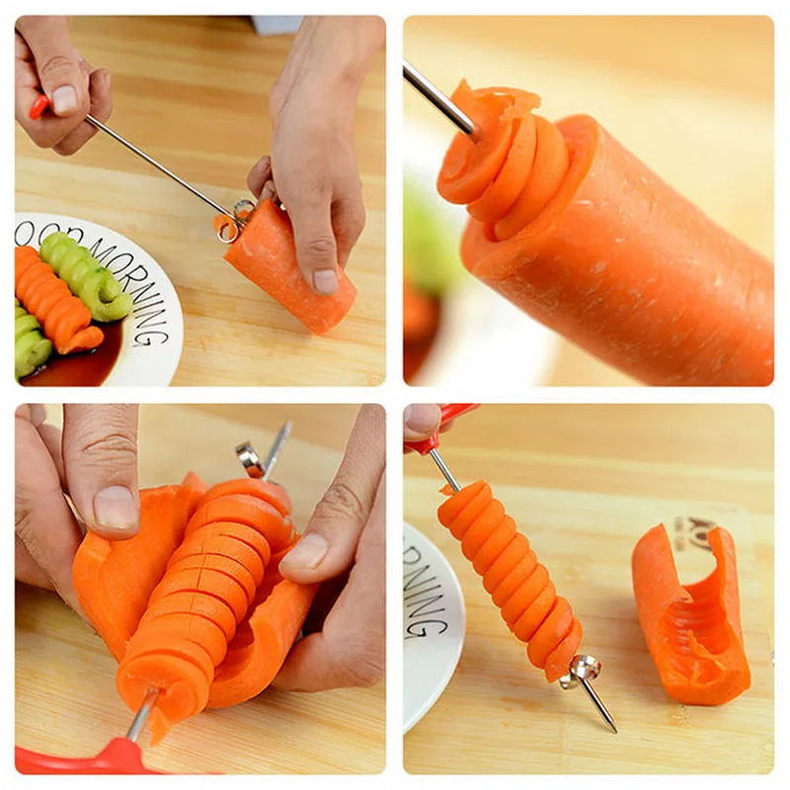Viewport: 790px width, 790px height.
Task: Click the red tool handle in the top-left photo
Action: point(39,106)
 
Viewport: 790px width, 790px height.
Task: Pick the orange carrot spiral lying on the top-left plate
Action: point(55,301)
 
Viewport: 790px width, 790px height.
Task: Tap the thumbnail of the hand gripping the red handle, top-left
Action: point(64,99)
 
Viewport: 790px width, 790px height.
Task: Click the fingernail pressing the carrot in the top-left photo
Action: point(325,280)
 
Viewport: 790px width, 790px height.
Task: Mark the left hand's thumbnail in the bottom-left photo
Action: point(115,507)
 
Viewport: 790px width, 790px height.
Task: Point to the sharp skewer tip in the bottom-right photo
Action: point(612,729)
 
